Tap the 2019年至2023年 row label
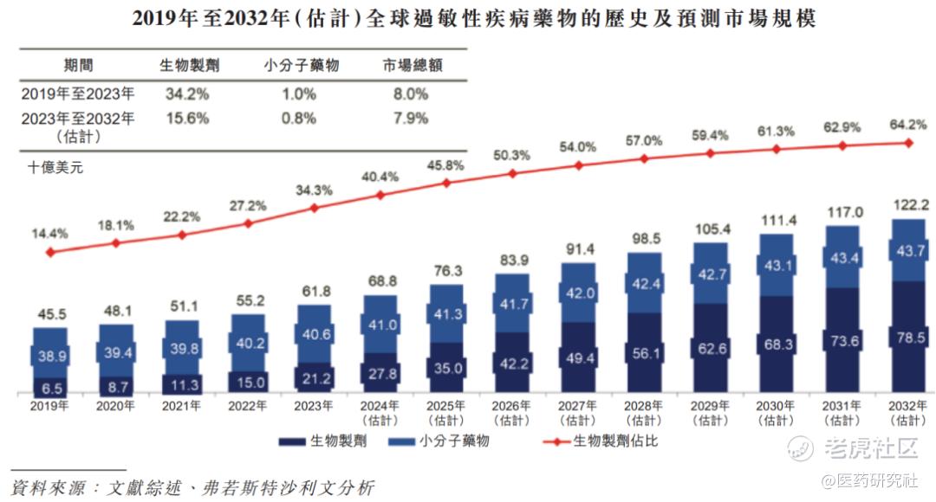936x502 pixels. tap(79, 93)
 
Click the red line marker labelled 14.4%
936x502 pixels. tap(50, 252)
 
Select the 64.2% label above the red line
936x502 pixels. tap(908, 125)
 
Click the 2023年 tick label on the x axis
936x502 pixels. tap(315, 405)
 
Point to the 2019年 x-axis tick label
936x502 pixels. tap(50, 405)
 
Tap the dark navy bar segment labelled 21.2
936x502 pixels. tap(315, 377)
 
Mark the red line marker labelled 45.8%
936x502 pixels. tap(446, 183)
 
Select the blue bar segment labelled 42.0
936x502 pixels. tap(578, 293)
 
